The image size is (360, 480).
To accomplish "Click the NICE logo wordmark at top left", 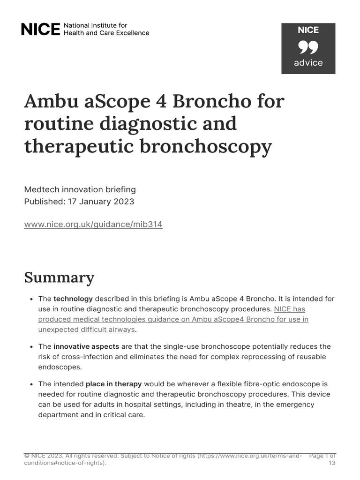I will tap(41, 30).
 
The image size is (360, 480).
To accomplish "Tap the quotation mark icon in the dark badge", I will tap(308, 47).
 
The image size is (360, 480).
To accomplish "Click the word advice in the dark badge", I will tap(308, 63).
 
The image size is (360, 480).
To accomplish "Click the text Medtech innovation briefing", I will tap(80, 189).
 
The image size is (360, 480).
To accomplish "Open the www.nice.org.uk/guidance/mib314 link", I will tap(93, 225).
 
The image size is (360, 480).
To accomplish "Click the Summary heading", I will tap(59, 277).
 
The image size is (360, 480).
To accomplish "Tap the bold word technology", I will tap(73, 299).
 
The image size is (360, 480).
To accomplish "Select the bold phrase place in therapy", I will tap(113, 384).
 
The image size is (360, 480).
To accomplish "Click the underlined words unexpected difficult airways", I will tap(87, 330).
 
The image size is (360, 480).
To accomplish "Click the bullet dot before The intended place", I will tap(30, 384).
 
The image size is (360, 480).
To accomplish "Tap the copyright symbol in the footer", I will tap(26, 456).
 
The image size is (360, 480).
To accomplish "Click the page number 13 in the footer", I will tap(331, 463).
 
